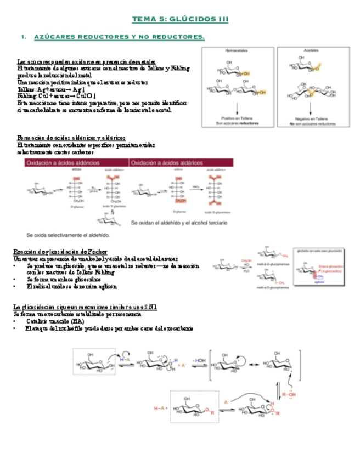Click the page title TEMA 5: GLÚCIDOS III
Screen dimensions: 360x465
[x=180, y=19]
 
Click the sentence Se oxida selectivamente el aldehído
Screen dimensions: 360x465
[x=68, y=235]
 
